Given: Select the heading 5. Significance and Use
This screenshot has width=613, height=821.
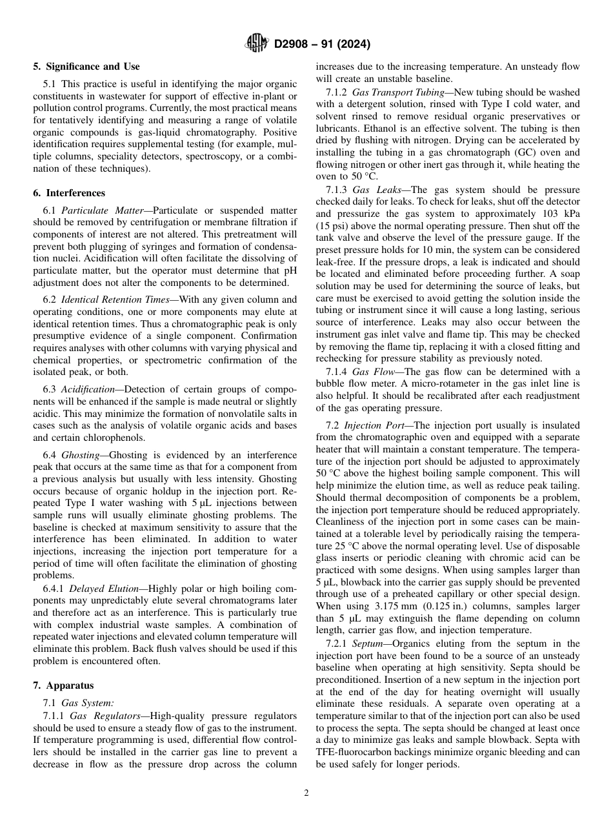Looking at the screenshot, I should click(86, 66).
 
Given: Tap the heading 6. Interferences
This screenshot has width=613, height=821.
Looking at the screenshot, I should click(69, 193).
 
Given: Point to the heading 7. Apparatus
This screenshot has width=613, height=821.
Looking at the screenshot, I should click(63, 685).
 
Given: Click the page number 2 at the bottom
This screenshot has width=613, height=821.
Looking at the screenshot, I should click(306, 793).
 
